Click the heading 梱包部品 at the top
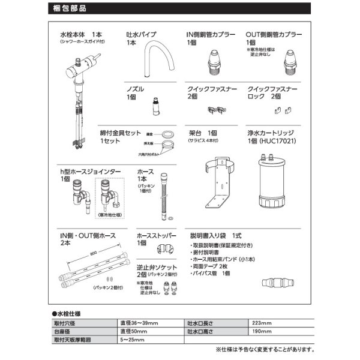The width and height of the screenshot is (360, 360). tap(69, 9)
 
